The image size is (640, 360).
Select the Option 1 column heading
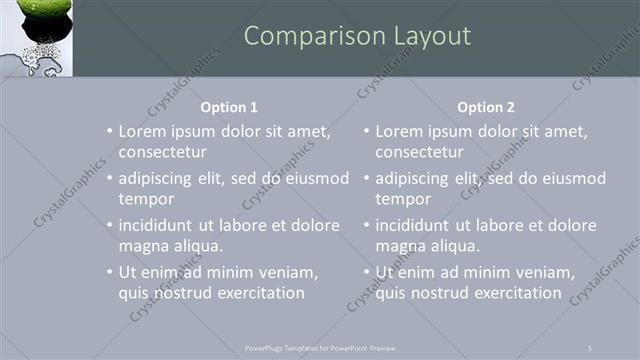coord(229,107)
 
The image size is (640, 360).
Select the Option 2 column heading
coord(486,107)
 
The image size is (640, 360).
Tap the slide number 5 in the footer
coord(591,347)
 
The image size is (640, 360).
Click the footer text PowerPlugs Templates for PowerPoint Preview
coord(320,347)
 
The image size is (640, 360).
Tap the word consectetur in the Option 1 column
coord(162,152)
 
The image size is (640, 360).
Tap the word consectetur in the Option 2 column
coord(419,152)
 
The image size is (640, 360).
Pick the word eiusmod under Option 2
coord(572,179)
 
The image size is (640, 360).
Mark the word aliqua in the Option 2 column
coord(456,246)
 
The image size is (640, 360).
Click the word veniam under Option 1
coord(288,273)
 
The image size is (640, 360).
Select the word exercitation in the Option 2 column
coord(516,293)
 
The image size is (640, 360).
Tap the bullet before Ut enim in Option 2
coord(366,273)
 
